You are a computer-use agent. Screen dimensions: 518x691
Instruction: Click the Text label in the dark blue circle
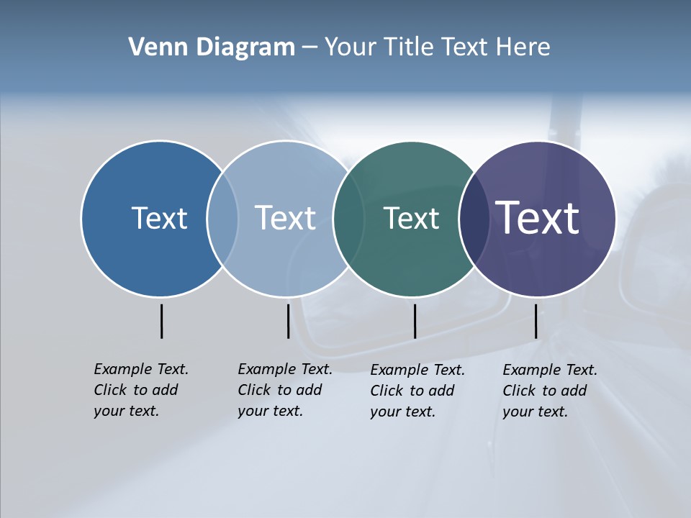pos(159,218)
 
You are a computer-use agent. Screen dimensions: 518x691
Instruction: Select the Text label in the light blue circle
pos(285,218)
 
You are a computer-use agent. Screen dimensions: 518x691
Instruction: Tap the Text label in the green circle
pos(411,219)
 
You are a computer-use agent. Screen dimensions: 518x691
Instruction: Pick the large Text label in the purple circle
pos(537,217)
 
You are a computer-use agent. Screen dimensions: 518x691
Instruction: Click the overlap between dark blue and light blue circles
pos(222,219)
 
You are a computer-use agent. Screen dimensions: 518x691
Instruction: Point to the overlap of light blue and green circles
pos(348,219)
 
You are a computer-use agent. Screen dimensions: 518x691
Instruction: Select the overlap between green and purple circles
pos(474,219)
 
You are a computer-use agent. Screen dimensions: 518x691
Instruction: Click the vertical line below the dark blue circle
pos(161,321)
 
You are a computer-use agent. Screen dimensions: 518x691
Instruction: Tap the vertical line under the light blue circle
pos(288,321)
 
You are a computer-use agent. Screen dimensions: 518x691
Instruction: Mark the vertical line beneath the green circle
pos(415,321)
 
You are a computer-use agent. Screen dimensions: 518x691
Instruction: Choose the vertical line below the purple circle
pos(536,321)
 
